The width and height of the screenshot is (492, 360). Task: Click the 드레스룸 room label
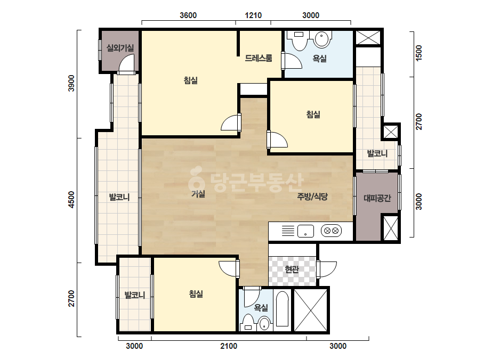click(258, 58)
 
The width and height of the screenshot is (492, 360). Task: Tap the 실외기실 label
click(120, 48)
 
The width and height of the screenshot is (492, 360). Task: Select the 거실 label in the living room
click(198, 194)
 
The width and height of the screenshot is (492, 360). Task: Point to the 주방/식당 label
click(312, 197)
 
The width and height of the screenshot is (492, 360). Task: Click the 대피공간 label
click(377, 198)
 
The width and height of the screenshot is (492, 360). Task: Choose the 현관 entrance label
click(292, 269)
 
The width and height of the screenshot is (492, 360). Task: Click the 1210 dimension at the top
click(253, 15)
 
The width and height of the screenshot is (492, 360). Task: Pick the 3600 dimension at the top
click(188, 15)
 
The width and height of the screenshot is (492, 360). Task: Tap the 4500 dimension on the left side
click(72, 200)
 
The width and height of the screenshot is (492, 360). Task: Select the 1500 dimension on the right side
click(419, 53)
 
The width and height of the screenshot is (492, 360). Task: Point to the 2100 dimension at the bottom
click(229, 346)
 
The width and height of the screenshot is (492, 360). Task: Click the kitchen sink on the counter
click(305, 231)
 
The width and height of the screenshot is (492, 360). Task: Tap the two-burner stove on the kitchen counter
click(331, 231)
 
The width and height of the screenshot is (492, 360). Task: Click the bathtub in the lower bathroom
click(282, 310)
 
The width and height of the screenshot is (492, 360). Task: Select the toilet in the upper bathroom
click(299, 40)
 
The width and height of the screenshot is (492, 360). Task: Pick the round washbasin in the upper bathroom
click(322, 39)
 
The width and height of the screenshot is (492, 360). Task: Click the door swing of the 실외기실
click(126, 63)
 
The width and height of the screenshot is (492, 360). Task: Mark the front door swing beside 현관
click(328, 269)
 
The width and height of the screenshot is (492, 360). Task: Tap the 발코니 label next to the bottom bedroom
click(135, 295)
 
